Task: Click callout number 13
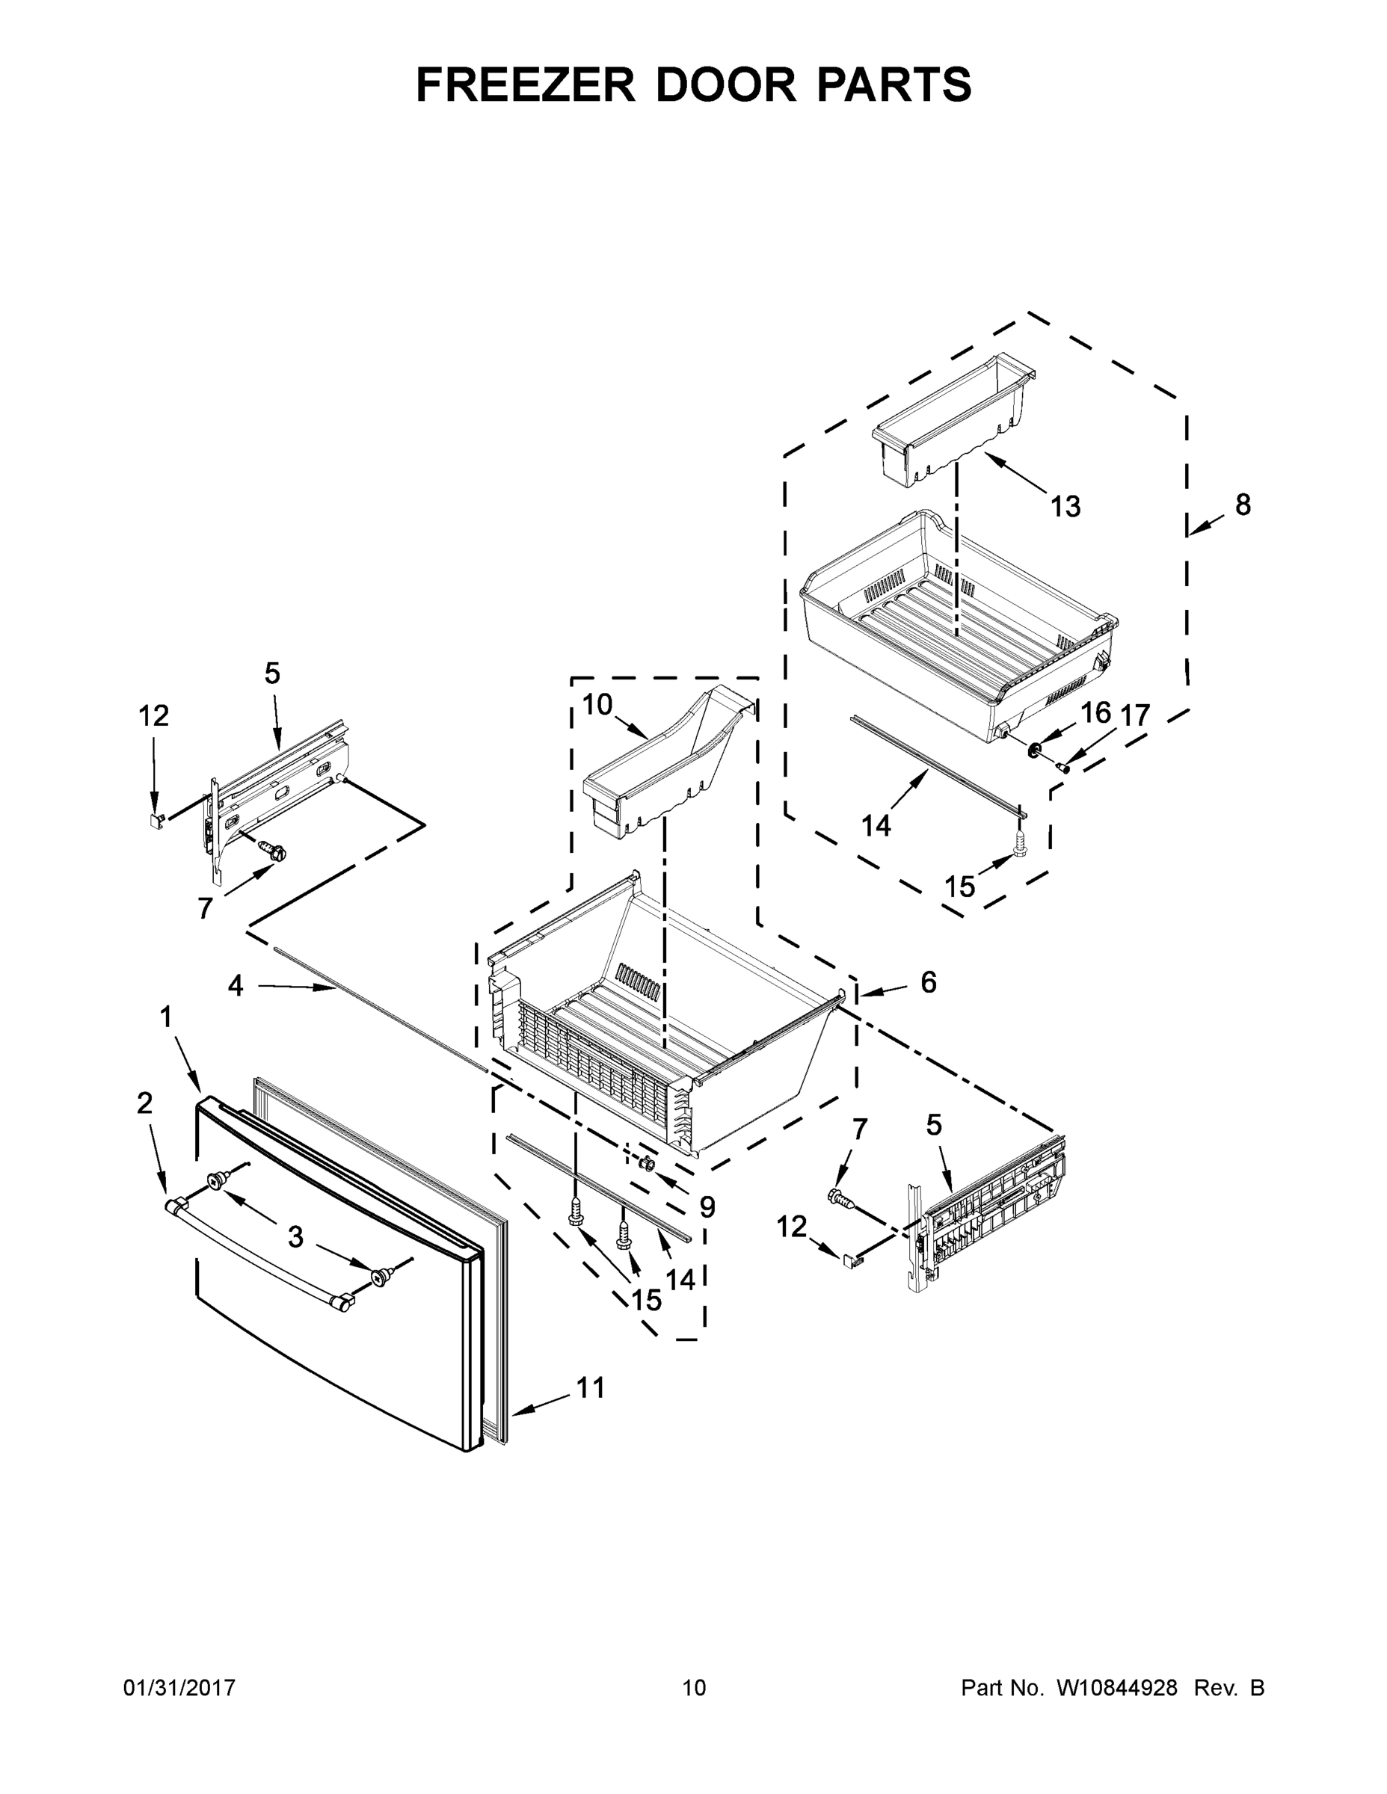pos(1065,507)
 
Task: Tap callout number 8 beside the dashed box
pos(1243,505)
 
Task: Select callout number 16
pos(1095,713)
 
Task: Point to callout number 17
pos(1135,715)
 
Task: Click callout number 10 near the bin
pos(597,704)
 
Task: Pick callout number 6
pos(929,981)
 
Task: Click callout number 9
pos(707,1206)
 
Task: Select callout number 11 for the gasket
pos(590,1387)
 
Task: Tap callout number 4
pos(236,986)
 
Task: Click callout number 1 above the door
pos(166,1018)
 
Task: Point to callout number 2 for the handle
pos(144,1103)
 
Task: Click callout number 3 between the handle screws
pos(296,1237)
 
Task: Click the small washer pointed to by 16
pos(1035,748)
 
